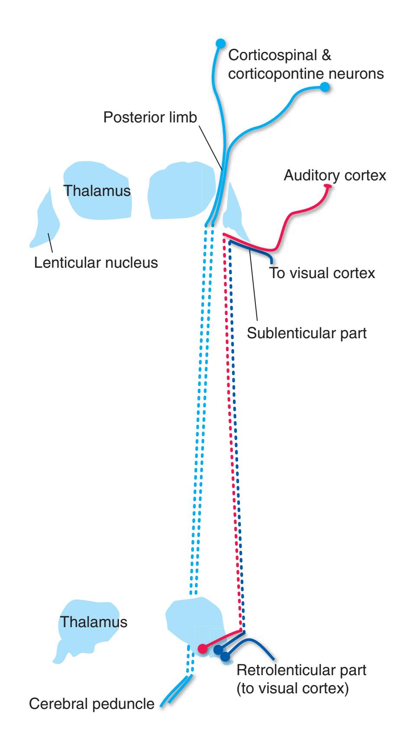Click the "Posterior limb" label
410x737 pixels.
pos(150,117)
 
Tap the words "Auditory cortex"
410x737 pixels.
pos(335,176)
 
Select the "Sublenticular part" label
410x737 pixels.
pos(307,333)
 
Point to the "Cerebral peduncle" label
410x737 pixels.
pos(91,704)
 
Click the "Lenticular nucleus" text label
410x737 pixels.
pos(96,262)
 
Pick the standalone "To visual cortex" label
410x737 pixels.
pos(322,273)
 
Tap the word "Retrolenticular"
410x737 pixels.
pos(284,670)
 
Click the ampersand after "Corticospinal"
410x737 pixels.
pos(325,55)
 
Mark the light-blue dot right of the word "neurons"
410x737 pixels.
pos(326,88)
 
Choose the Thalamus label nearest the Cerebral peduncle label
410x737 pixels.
pos(94,622)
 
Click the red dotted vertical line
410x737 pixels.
pos(232,433)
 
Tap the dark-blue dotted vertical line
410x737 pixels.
pos(237,433)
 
